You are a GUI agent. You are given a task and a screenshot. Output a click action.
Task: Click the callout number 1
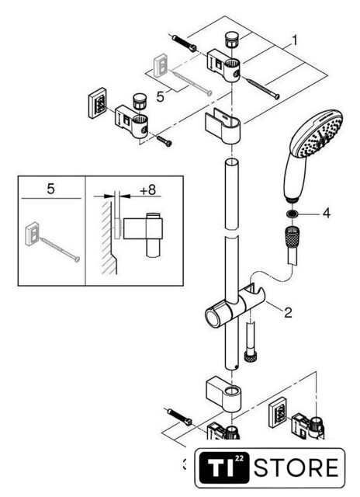coord(295,41)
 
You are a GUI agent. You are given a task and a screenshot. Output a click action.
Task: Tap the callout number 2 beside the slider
coord(288,313)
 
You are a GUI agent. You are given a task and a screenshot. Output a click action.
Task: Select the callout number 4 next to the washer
coord(327,214)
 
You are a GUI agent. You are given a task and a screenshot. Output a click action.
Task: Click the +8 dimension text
coord(148,189)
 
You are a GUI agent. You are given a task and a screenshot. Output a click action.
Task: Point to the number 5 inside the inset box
coord(50,189)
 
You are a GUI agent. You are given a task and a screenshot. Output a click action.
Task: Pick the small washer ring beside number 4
coord(292,214)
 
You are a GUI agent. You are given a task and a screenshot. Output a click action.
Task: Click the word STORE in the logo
coord(296,468)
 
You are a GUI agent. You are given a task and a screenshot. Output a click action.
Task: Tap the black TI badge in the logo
coord(224,468)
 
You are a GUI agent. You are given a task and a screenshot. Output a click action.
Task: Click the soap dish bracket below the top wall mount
coord(223,126)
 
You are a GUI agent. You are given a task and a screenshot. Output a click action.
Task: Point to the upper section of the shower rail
coord(232,193)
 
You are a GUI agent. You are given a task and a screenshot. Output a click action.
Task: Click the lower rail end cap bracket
coord(223,394)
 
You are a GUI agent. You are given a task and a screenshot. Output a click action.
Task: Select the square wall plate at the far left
coord(98,103)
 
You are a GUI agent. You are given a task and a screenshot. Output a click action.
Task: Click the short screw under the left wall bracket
coord(164,141)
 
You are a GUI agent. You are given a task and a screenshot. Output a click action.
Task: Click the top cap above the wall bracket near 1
coord(232,40)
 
